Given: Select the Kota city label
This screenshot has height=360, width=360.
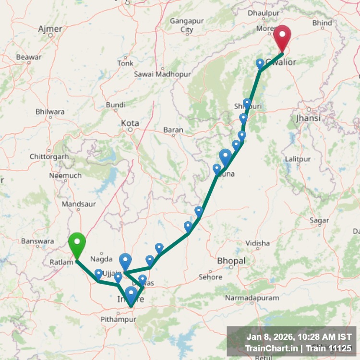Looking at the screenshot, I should [130, 123].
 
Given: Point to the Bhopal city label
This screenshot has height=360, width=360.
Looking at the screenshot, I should [231, 261].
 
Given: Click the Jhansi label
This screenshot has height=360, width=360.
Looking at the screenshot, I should [308, 118].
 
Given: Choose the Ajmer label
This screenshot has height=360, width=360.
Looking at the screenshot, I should [50, 29].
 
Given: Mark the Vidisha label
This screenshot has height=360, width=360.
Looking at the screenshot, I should [258, 243].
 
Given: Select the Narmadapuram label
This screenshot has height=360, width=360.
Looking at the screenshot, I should [252, 298].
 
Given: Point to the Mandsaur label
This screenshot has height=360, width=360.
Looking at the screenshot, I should [76, 204].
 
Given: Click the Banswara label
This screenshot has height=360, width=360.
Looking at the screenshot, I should [38, 241].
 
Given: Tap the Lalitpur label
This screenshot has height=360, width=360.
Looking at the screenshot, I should [298, 158].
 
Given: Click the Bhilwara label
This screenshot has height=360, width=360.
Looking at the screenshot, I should [50, 112].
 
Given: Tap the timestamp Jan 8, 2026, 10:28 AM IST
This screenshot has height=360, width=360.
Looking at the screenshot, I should [299, 337].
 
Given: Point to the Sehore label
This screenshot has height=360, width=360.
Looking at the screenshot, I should [210, 277].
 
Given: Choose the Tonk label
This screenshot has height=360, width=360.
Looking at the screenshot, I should [125, 63].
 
